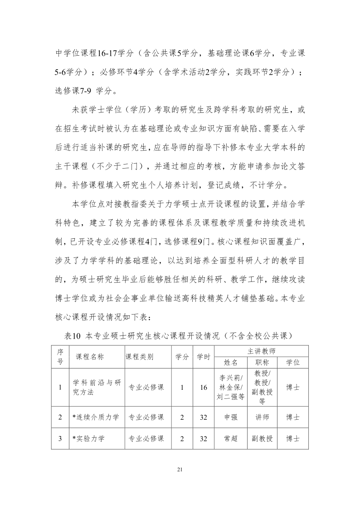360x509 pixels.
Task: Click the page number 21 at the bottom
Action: pyautogui.click(x=180, y=470)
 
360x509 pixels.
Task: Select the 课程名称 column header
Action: pyautogui.click(x=90, y=357)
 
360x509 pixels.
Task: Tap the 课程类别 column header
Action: pyautogui.click(x=139, y=357)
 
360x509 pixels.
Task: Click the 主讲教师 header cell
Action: pyautogui.click(x=262, y=351)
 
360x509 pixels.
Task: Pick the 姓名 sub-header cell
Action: pyautogui.click(x=231, y=363)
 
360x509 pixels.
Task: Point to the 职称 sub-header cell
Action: pyautogui.click(x=262, y=363)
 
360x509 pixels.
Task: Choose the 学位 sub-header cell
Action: pyautogui.click(x=293, y=363)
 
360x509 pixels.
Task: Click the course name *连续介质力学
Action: pyautogui.click(x=96, y=417)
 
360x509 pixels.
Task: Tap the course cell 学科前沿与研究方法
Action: pyautogui.click(x=97, y=388)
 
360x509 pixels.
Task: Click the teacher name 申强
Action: pyautogui.click(x=231, y=417)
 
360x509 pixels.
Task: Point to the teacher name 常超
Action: pyautogui.click(x=231, y=438)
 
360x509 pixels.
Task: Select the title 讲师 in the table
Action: pyautogui.click(x=262, y=417)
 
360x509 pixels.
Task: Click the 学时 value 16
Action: pyautogui.click(x=204, y=388)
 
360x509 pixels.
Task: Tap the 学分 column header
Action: pyautogui.click(x=182, y=357)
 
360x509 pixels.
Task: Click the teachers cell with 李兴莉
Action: pyautogui.click(x=231, y=388)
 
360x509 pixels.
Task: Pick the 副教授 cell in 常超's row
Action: pyautogui.click(x=262, y=438)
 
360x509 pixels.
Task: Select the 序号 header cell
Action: pyautogui.click(x=60, y=357)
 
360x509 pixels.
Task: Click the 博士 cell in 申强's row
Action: pyautogui.click(x=293, y=417)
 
